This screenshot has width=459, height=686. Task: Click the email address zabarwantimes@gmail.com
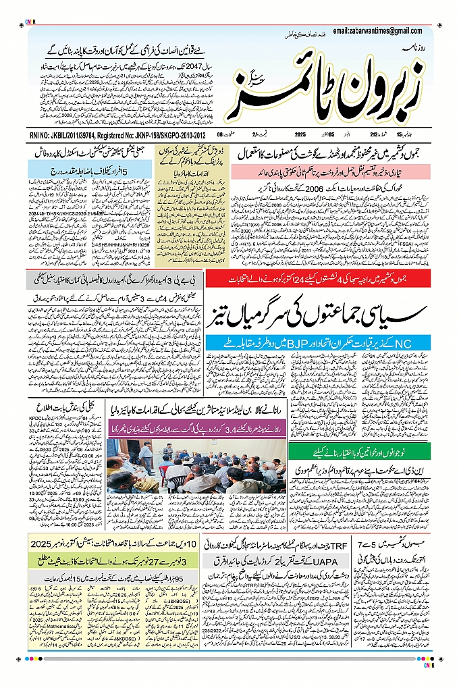[377, 30]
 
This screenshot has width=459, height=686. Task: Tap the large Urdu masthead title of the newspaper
[331, 81]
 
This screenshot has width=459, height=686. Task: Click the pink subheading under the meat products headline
[331, 171]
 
